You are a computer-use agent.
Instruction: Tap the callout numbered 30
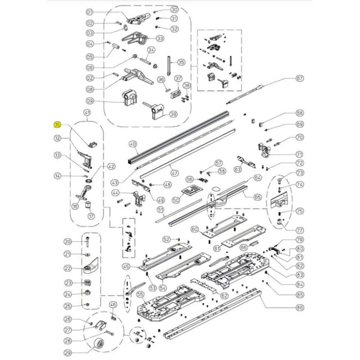[174, 10]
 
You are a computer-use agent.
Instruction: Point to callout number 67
[299, 78]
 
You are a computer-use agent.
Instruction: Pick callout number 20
[67, 241]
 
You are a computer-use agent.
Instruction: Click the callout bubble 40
[133, 143]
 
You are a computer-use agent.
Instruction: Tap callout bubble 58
[299, 113]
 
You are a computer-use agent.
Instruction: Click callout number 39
[173, 114]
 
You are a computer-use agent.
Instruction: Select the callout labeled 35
[181, 62]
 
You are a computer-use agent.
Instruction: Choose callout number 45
[126, 267]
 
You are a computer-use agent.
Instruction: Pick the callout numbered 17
[92, 216]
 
